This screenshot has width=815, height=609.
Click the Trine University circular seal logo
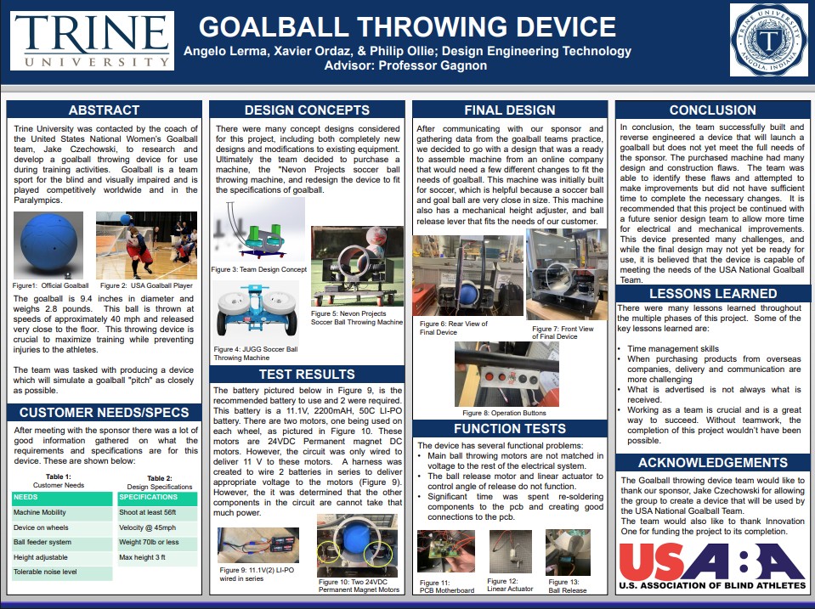click(x=769, y=40)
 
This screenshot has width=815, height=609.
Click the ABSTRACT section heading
click(x=104, y=110)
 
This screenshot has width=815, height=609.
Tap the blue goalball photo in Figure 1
click(x=49, y=245)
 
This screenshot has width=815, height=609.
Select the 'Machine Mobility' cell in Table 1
click(x=61, y=512)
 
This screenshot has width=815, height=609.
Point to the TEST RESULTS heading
click(x=306, y=375)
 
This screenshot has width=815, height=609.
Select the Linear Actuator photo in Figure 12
click(x=510, y=550)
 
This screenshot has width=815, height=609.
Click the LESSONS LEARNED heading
click(x=713, y=294)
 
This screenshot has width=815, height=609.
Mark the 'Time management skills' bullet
click(x=673, y=348)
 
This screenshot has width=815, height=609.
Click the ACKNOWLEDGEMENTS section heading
click(x=713, y=463)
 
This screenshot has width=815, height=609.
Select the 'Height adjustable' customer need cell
click(x=61, y=557)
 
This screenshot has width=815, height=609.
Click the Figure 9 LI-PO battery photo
click(x=258, y=544)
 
